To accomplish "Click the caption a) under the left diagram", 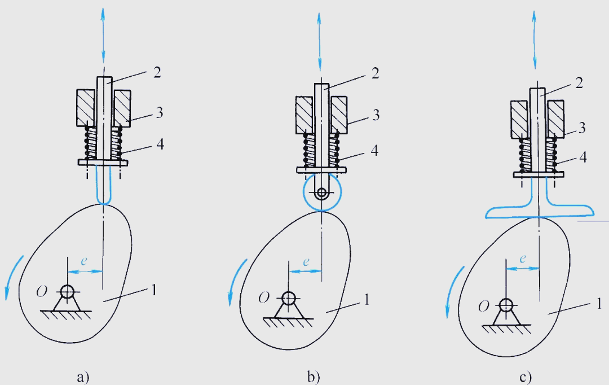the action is click(x=83, y=377).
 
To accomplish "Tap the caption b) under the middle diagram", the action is click(x=314, y=377).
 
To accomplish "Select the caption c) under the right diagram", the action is click(x=525, y=377).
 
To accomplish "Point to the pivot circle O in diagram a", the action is click(x=68, y=291).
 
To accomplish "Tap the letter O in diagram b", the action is click(x=264, y=298).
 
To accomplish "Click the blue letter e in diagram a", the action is click(x=84, y=261).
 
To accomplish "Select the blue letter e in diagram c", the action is click(x=523, y=258).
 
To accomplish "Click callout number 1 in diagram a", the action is click(x=154, y=290).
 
